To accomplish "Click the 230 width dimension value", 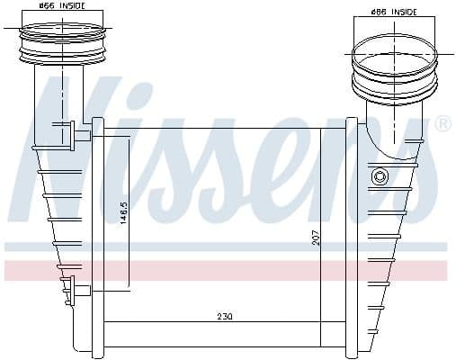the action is [225, 316].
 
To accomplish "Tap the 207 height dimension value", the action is [316, 238].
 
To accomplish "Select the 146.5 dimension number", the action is [124, 213].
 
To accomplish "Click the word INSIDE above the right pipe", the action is [404, 13].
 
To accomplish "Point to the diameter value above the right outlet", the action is [379, 13].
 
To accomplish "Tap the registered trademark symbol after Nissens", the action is [443, 123].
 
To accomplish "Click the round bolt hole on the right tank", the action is [380, 176].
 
